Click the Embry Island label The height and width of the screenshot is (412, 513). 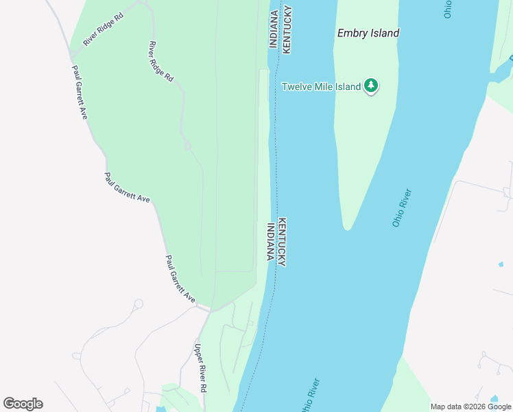tap(368, 33)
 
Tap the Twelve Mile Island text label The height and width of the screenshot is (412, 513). tap(321, 87)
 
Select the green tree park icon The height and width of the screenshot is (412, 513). tap(371, 86)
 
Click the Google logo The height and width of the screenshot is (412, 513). tap(23, 404)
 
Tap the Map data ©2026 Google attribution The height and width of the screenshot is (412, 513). tap(471, 407)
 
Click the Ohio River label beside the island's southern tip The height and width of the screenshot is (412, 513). tap(401, 207)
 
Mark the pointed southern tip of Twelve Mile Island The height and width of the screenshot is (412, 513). tap(347, 228)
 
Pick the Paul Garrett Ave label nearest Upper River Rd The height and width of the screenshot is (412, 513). tap(180, 279)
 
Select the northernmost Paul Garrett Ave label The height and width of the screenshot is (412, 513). tap(80, 92)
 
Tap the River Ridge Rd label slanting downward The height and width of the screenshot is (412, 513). tap(160, 62)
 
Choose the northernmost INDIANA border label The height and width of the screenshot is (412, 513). tap(273, 27)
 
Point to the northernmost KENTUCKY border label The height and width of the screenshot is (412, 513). tap(287, 29)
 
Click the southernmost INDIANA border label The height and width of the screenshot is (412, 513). tap(270, 242)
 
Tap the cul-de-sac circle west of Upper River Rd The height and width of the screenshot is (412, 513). tap(139, 304)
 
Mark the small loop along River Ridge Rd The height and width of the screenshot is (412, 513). tap(187, 145)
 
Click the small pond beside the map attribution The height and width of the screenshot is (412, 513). tap(494, 399)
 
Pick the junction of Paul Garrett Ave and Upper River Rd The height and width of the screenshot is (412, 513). tap(204, 310)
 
